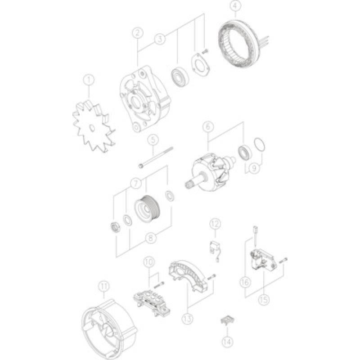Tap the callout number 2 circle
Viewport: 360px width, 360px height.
coord(138,32)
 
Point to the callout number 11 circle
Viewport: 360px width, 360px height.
coord(103,285)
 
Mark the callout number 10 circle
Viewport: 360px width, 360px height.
coord(149,261)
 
